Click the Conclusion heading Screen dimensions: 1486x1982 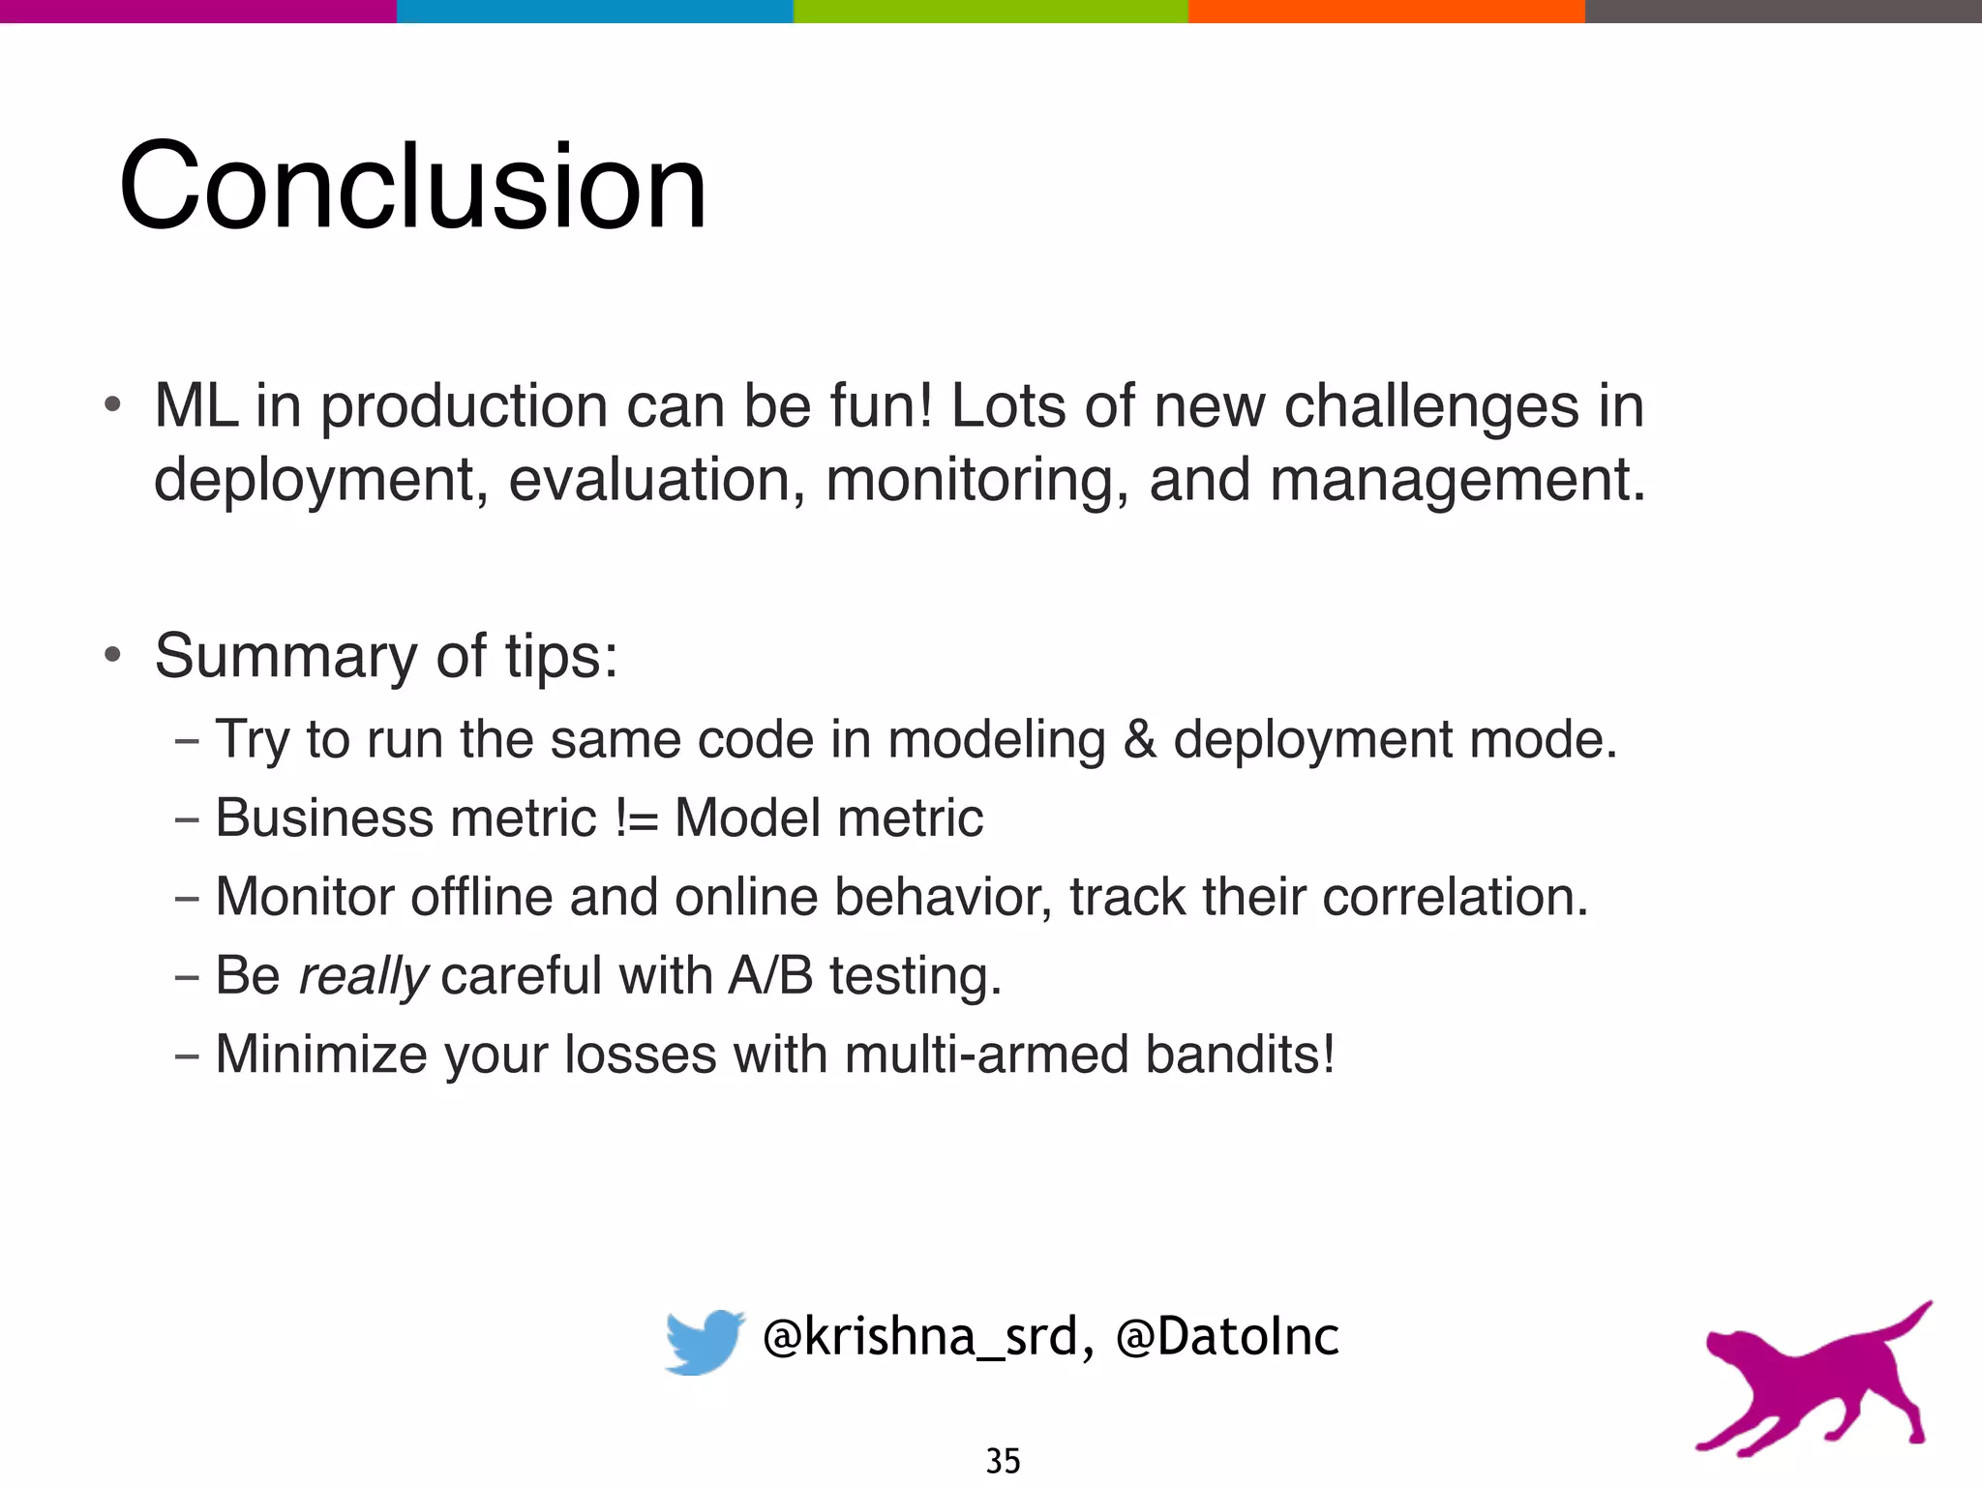tap(413, 186)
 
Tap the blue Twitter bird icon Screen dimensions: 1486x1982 tap(704, 1340)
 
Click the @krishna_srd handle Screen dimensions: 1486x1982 tap(919, 1338)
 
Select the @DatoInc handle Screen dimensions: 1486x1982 tap(1227, 1338)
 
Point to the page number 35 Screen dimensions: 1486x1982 tap(1003, 1460)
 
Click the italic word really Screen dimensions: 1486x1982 tap(363, 975)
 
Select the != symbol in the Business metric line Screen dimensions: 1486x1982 tap(636, 818)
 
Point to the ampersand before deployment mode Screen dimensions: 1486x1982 tap(1140, 740)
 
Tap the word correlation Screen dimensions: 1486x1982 tap(1454, 897)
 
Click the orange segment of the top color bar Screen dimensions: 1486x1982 tap(1386, 11)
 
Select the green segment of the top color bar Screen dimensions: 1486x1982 tap(990, 11)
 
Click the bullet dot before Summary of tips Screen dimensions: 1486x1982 tap(113, 656)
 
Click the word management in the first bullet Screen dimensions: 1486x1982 tap(1456, 480)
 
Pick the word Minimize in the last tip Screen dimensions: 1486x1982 tap(320, 1054)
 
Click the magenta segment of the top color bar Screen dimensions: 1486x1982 tap(197, 11)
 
